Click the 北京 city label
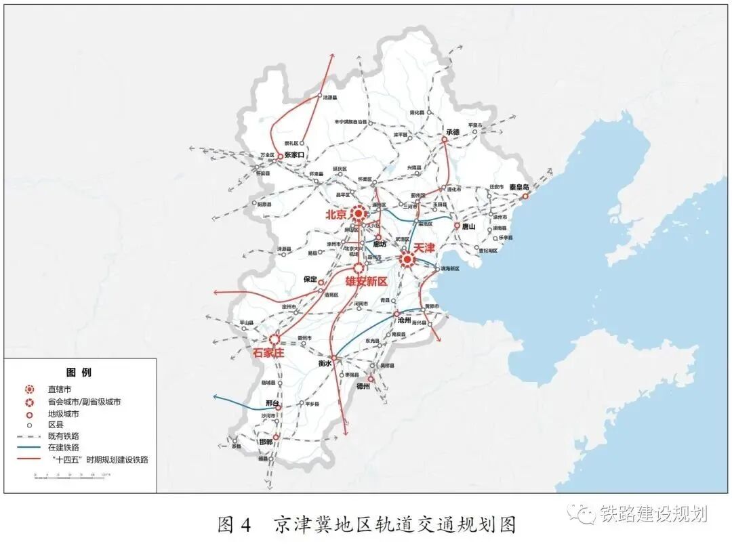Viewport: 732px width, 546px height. point(336,215)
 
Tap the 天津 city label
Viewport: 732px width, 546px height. point(424,248)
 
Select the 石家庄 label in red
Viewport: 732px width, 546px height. point(267,352)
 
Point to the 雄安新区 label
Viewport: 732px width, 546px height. point(366,280)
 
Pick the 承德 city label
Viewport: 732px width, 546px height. point(453,131)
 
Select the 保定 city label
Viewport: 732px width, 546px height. point(310,278)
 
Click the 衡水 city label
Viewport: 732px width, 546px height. point(325,364)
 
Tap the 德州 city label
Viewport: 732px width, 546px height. point(363,386)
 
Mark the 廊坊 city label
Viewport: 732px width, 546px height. point(380,245)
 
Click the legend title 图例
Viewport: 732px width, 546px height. point(79,372)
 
